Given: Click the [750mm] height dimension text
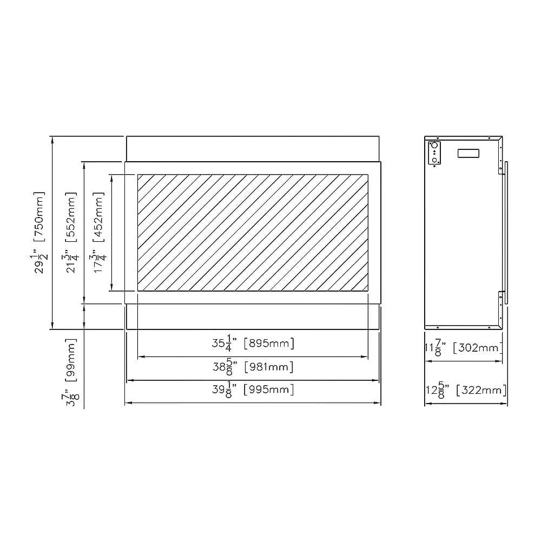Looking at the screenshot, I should pos(39,215).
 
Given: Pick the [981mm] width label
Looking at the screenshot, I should pos(269,367).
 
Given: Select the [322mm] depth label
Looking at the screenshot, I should pos(481,390).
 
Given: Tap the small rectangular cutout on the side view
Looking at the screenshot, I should pos(468,153).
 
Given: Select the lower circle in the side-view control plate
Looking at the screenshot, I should pos(434,160).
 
